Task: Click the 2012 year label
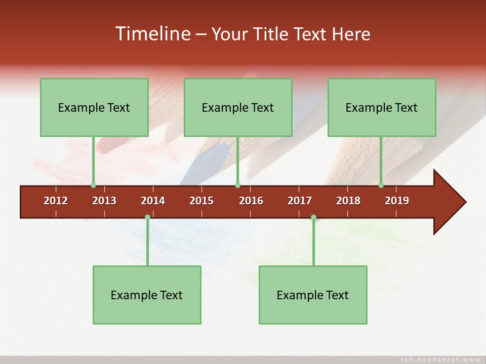(56, 201)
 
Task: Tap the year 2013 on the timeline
(104, 201)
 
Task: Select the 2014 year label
(153, 201)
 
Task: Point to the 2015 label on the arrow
(201, 201)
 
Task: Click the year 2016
(251, 201)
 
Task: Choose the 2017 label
(300, 201)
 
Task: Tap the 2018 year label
(348, 201)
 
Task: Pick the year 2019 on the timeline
(397, 201)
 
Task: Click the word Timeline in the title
(152, 34)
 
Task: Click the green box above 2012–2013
(94, 107)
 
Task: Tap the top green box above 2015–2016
(238, 107)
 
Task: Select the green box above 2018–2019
(382, 107)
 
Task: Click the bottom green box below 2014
(147, 295)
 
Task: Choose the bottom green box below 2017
(313, 295)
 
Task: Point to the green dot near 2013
(93, 185)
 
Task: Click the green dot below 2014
(147, 217)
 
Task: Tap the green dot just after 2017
(313, 217)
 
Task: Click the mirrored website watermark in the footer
(440, 359)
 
